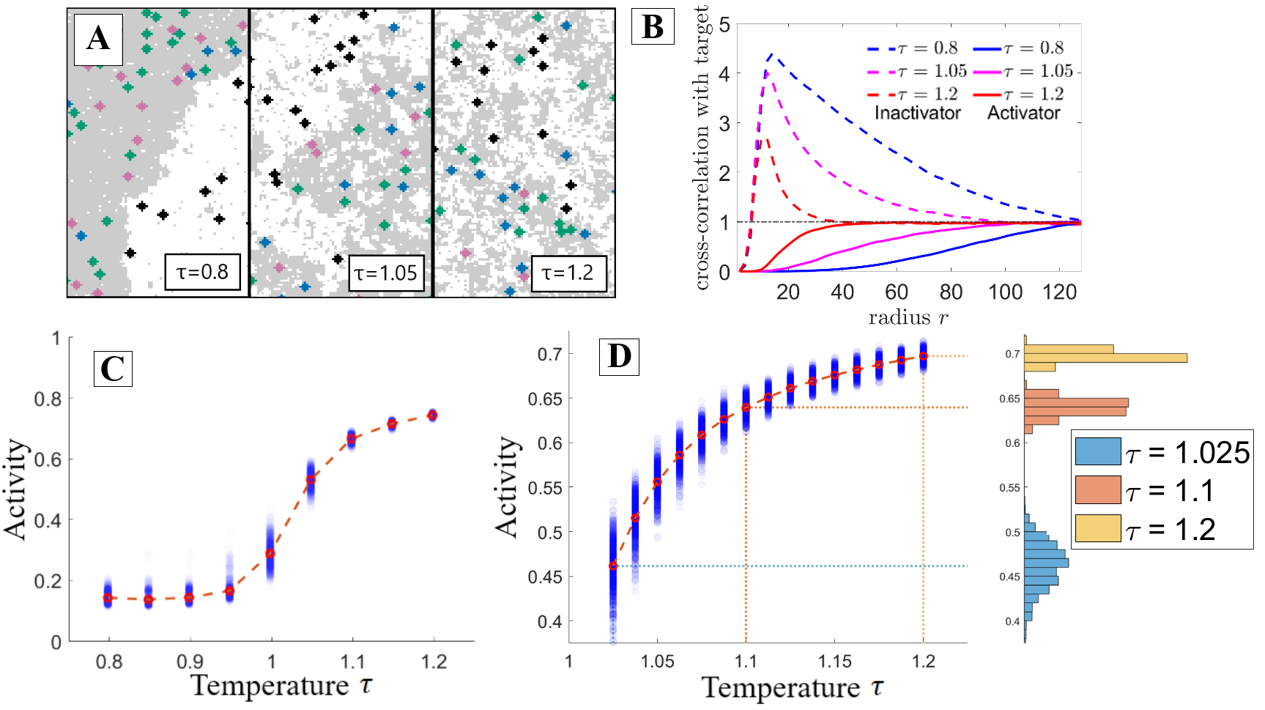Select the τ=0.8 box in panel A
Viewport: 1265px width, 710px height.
coord(202,273)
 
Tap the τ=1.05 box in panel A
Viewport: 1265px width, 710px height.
coord(385,273)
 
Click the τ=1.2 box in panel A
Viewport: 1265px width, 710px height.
coord(568,273)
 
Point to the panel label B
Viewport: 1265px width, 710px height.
coord(652,28)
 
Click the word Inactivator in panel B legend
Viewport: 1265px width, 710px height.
coord(917,113)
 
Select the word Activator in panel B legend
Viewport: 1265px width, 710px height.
coord(1023,113)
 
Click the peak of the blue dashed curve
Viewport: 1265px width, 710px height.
coord(771,55)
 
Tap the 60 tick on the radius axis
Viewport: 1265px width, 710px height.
coord(897,292)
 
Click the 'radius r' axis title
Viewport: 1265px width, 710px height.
coord(908,317)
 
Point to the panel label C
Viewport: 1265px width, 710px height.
coord(112,369)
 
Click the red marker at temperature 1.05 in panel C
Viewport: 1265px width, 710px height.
coord(311,479)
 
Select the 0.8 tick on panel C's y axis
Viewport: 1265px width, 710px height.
coord(48,399)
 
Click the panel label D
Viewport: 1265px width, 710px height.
coord(619,357)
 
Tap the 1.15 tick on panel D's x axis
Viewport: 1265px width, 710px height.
coord(834,662)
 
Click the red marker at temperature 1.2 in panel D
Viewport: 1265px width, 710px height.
coord(923,356)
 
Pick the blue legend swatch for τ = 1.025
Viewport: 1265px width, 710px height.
coord(1097,451)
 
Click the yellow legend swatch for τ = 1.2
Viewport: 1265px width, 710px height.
coord(1097,528)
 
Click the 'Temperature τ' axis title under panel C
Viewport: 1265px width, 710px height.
coord(282,686)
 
